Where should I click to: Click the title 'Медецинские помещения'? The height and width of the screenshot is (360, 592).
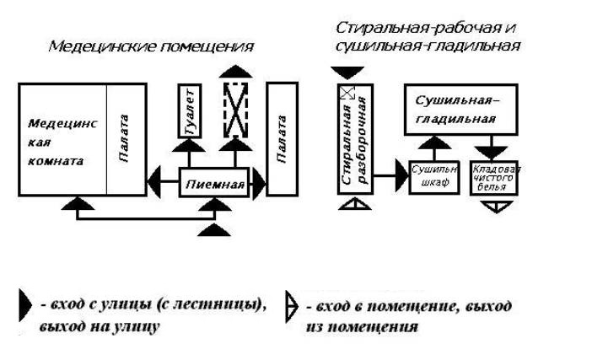point(150,46)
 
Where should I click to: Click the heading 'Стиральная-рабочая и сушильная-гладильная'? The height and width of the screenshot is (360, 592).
point(426,36)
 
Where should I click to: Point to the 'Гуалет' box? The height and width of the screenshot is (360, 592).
point(188,111)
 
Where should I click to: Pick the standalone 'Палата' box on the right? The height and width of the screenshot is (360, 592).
point(281,139)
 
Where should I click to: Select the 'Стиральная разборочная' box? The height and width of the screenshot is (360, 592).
point(355,141)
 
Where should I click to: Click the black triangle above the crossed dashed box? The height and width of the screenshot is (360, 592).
point(236,70)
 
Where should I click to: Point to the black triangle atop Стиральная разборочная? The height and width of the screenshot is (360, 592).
point(347,73)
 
